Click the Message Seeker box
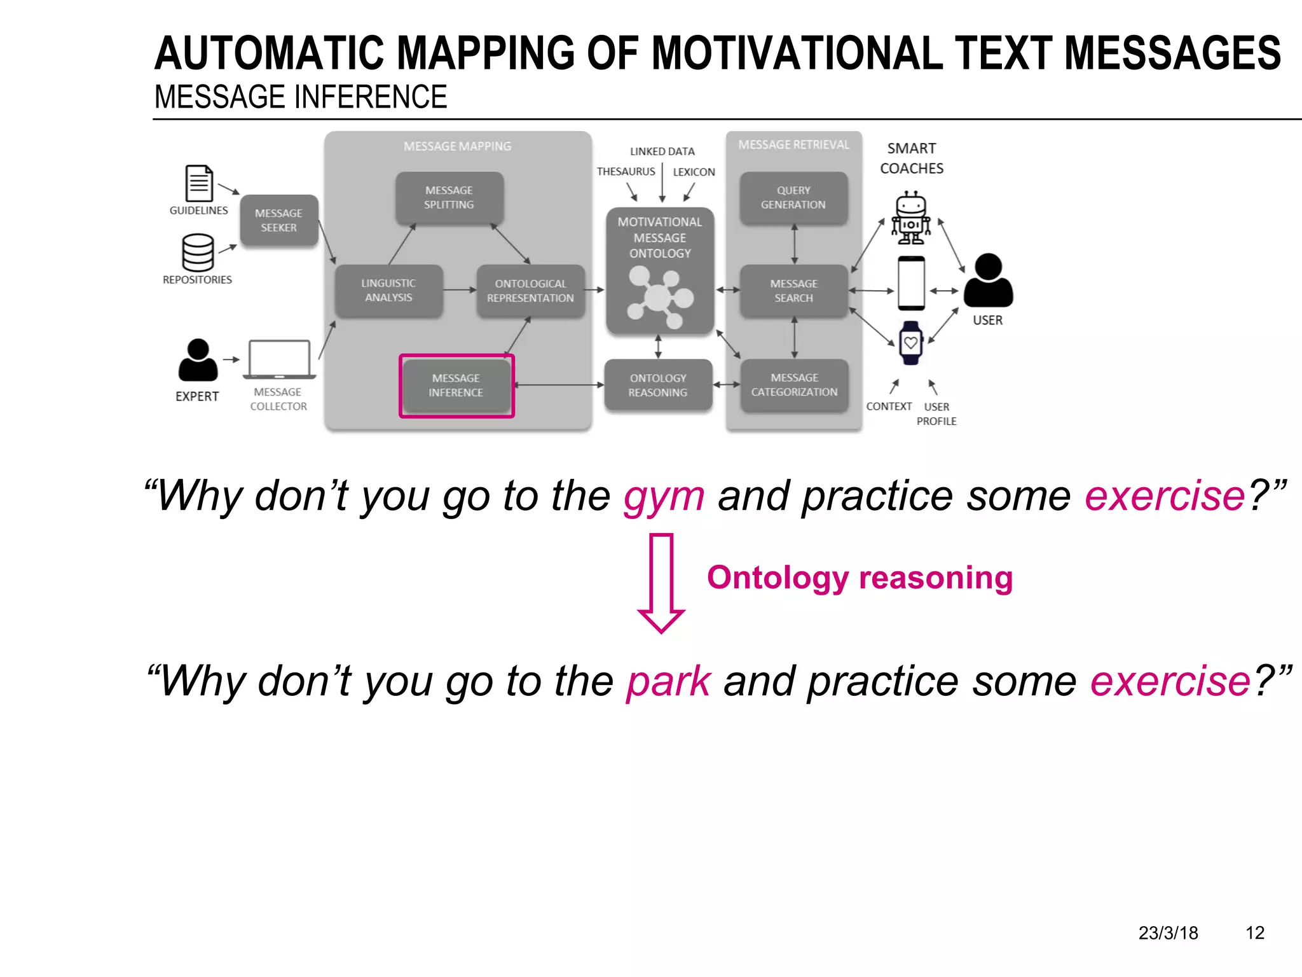[278, 220]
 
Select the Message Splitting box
[449, 198]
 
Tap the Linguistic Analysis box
[388, 291]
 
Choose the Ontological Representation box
[530, 291]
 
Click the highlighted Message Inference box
[456, 385]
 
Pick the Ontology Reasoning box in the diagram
[658, 385]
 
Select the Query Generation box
[793, 198]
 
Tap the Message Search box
[793, 291]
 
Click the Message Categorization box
[794, 385]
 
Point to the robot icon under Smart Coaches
[911, 218]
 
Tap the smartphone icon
[911, 284]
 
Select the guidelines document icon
[198, 183]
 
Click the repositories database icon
[198, 253]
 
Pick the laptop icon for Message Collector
[279, 360]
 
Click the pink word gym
[664, 497]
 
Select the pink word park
[668, 682]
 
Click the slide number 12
[1254, 932]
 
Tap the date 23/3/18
[1168, 932]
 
